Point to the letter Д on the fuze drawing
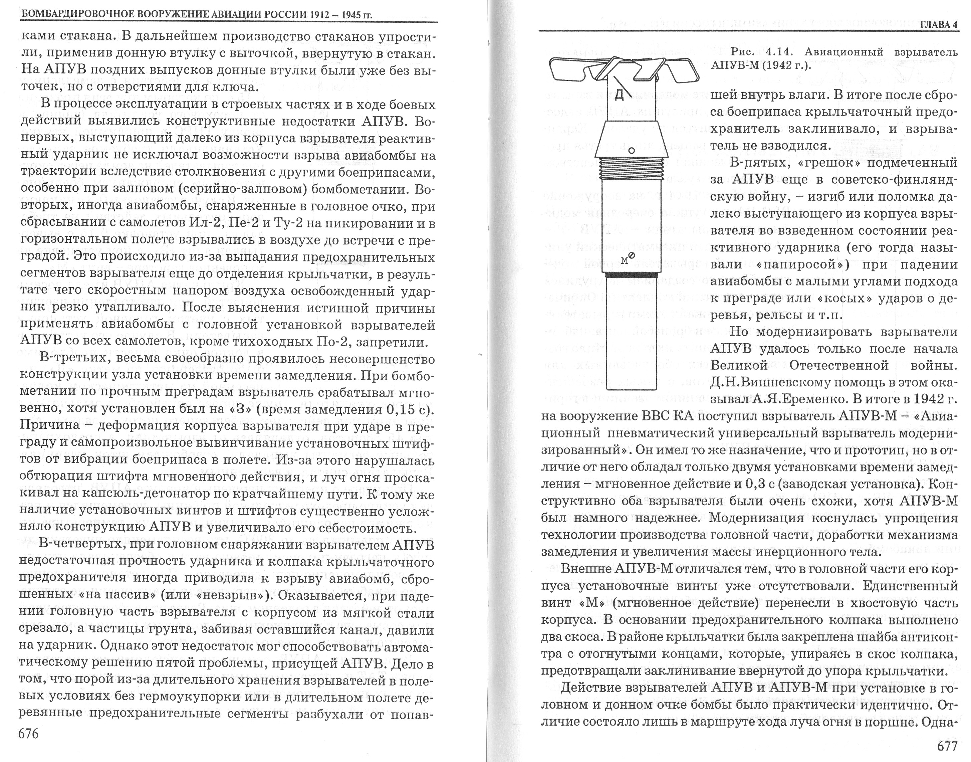pyautogui.click(x=619, y=94)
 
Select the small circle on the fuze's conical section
pyautogui.click(x=632, y=151)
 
